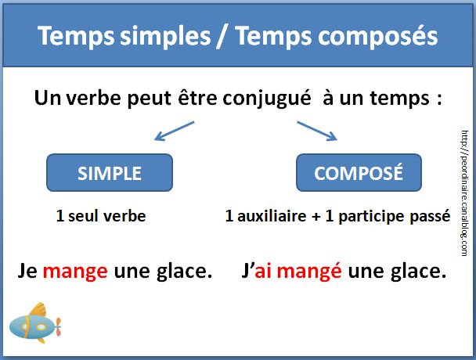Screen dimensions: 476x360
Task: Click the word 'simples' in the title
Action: (165, 37)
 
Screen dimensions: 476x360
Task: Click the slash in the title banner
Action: (222, 36)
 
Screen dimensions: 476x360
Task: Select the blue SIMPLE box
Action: (110, 173)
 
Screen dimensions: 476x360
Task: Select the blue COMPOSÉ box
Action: (359, 173)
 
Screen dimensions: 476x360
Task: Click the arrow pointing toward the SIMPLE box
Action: (175, 131)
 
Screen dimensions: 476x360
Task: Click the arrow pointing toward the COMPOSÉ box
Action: (317, 131)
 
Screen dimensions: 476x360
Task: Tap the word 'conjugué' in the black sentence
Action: (267, 99)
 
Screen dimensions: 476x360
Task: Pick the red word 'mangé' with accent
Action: (309, 271)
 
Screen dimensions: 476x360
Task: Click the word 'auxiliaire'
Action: (272, 216)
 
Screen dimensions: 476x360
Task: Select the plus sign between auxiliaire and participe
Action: (316, 217)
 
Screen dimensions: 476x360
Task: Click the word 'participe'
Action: (371, 218)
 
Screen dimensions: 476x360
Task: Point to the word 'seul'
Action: (83, 216)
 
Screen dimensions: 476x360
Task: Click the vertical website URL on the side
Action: (464, 193)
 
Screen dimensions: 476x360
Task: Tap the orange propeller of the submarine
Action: (58, 326)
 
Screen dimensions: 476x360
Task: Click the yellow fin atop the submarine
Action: (38, 310)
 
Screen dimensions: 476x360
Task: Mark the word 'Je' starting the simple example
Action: (27, 271)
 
